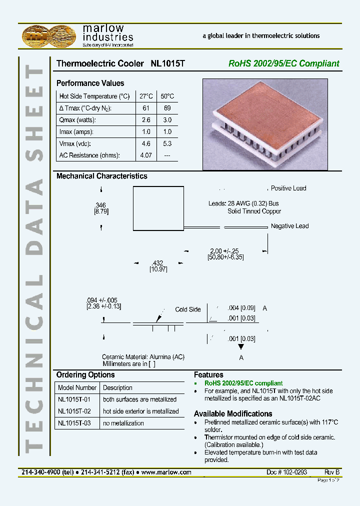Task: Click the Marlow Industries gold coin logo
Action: (x=50, y=35)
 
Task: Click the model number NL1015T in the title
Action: (x=168, y=63)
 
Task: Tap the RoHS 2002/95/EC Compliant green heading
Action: (x=283, y=63)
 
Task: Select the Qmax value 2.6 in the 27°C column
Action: (x=146, y=120)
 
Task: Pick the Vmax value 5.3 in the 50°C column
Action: (x=167, y=143)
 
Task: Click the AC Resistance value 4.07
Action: (x=146, y=155)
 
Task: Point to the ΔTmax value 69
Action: (x=167, y=108)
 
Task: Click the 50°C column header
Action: (x=167, y=96)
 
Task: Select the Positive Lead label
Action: (x=288, y=188)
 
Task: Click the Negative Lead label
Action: (x=289, y=226)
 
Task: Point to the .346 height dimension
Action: (x=101, y=205)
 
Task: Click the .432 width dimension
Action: (x=157, y=263)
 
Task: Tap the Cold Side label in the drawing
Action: (x=187, y=309)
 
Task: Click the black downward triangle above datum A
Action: (x=241, y=346)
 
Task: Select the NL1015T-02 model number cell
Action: (x=74, y=411)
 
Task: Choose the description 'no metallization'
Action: (x=123, y=423)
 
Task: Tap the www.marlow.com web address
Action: (x=166, y=472)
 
